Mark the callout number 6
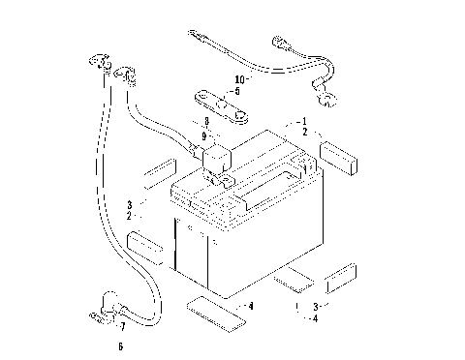tap(119, 345)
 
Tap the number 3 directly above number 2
tap(128, 204)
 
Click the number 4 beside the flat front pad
tap(252, 306)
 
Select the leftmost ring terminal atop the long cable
tap(96, 64)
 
